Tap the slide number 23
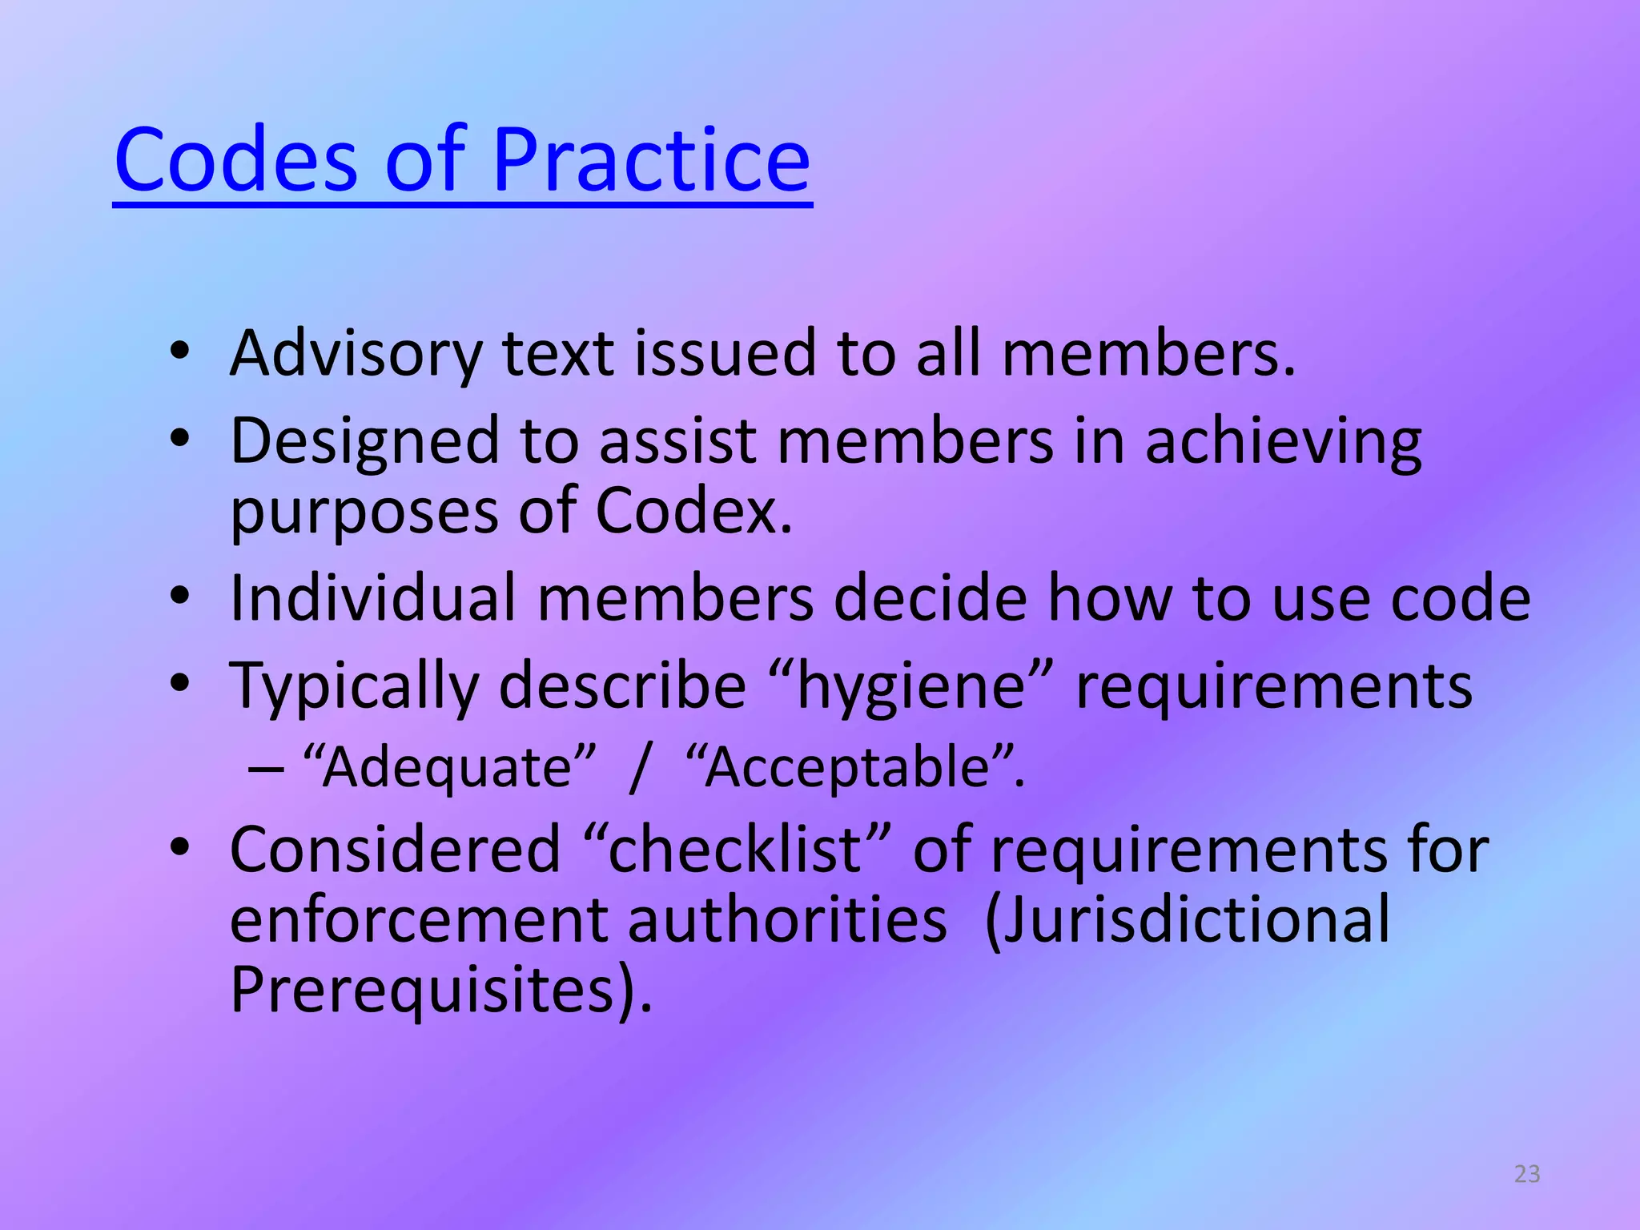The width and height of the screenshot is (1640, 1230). pyautogui.click(x=1527, y=1174)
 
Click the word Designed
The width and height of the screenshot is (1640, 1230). pyautogui.click(x=364, y=441)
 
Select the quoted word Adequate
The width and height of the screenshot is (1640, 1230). pyautogui.click(x=448, y=767)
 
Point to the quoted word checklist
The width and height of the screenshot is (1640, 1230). pyautogui.click(x=734, y=850)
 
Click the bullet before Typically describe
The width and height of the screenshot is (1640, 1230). pyautogui.click(x=180, y=683)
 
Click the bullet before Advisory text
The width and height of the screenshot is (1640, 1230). pyautogui.click(x=180, y=351)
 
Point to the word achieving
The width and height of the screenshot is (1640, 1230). pyautogui.click(x=1283, y=441)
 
